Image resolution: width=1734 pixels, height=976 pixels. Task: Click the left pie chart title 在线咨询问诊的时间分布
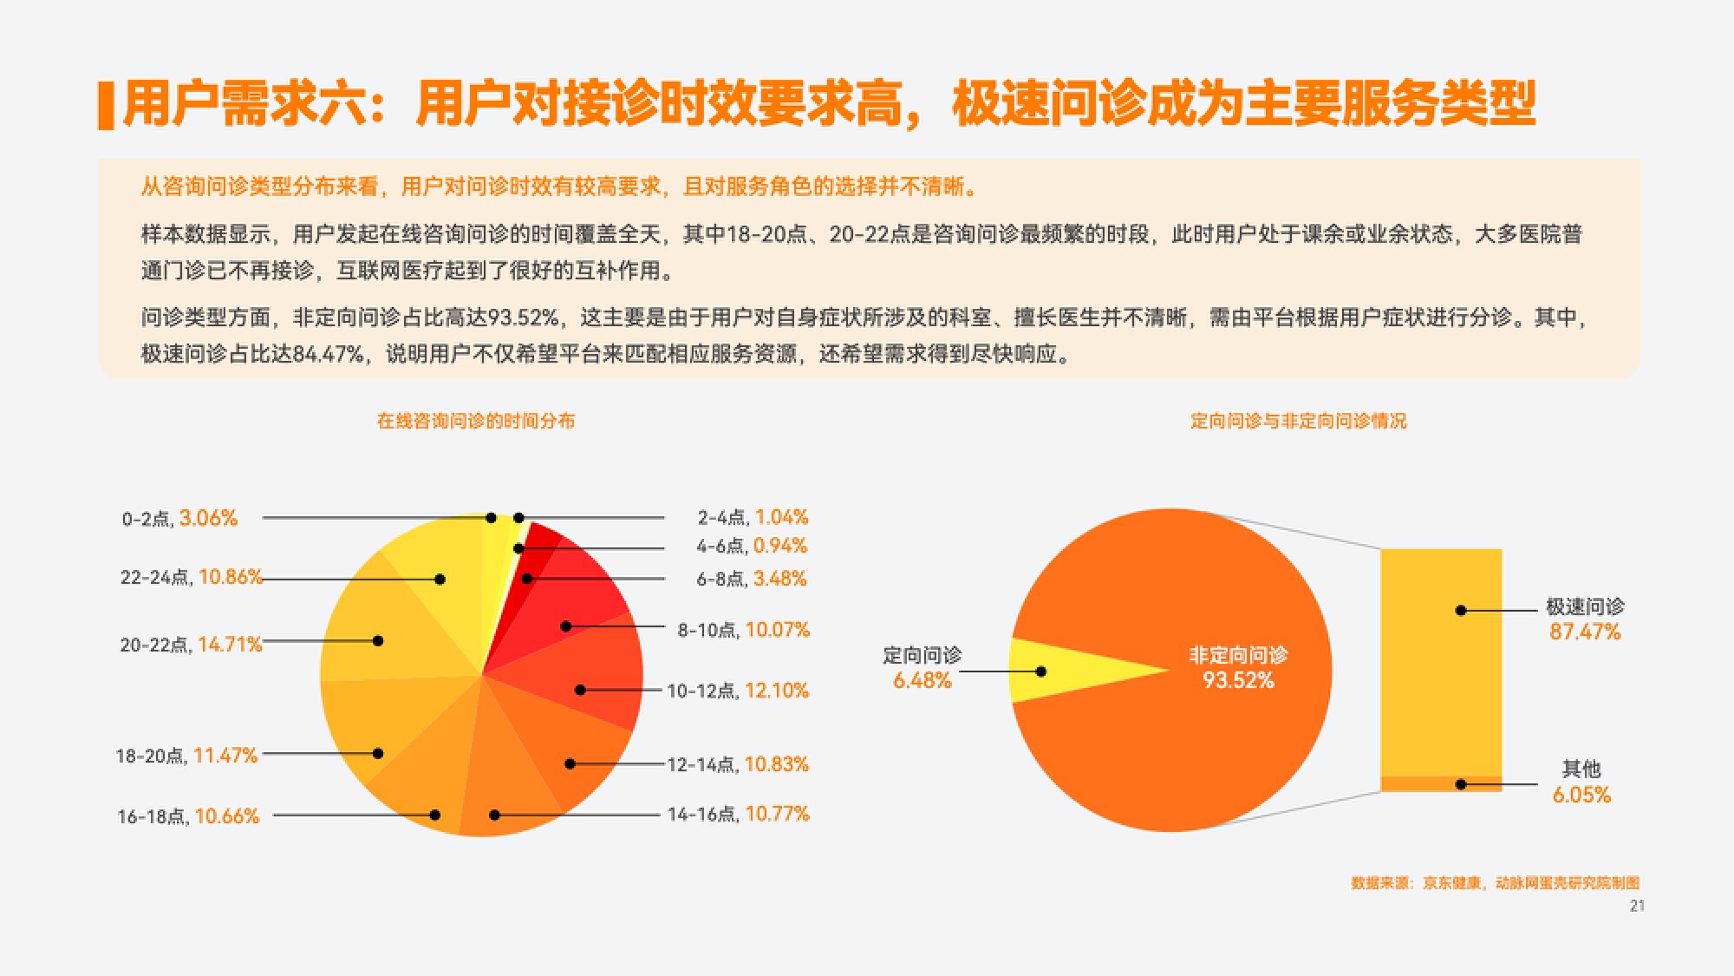[x=476, y=421]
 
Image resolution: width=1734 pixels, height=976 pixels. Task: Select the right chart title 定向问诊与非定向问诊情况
[x=1298, y=421]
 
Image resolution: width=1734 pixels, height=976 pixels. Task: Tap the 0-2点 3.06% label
[x=179, y=518]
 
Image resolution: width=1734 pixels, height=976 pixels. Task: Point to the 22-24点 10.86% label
[x=192, y=577]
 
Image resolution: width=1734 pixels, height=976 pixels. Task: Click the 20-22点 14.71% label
[x=191, y=645]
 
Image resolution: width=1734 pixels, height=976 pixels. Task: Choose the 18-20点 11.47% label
[x=186, y=756]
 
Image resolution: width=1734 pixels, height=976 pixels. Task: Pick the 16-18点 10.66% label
[x=188, y=816]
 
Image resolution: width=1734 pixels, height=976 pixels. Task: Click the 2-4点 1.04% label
[x=753, y=517]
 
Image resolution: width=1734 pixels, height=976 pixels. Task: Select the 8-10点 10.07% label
[x=743, y=630]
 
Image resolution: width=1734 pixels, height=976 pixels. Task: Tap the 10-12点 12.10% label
[x=738, y=691]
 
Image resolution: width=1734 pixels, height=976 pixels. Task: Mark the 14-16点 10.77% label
[x=738, y=814]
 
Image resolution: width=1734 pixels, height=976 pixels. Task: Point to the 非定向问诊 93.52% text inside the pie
[x=1238, y=667]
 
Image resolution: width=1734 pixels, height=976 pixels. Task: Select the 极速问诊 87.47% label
[x=1585, y=619]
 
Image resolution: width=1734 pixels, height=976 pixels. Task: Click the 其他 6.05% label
[x=1581, y=782]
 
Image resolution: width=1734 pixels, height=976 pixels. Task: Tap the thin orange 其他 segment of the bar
[x=1441, y=783]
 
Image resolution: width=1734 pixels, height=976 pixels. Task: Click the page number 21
[x=1637, y=906]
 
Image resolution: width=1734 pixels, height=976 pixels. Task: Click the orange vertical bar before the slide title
[x=107, y=106]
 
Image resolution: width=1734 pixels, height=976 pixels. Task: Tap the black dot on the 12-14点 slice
[x=570, y=764]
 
